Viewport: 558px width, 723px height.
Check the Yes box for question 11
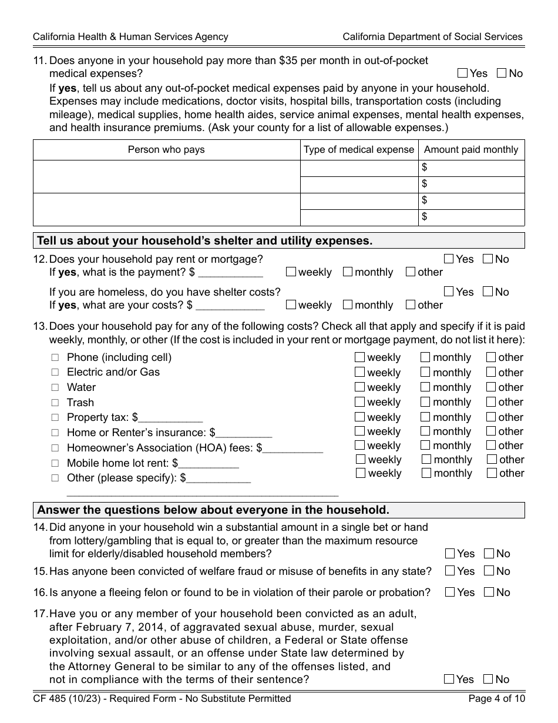(462, 73)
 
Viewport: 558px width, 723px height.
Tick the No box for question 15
(489, 571)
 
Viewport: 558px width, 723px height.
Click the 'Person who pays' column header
(166, 150)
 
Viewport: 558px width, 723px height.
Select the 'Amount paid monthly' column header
(471, 150)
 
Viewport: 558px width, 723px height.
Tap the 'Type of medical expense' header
(359, 150)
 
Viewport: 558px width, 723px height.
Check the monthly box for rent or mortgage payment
(347, 272)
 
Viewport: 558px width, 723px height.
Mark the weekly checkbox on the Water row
(360, 387)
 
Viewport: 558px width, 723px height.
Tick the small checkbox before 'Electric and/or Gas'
(55, 372)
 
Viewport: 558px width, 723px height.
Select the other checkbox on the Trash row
(491, 402)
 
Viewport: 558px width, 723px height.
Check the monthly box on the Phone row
(425, 357)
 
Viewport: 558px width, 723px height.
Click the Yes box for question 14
(450, 554)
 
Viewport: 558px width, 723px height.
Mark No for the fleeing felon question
(489, 593)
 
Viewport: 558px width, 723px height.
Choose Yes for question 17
(449, 680)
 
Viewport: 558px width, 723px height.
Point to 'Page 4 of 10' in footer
(496, 699)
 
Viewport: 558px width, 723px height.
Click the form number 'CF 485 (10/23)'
(66, 699)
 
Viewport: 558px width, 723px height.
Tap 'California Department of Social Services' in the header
(432, 36)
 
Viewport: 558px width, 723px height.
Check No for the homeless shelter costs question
(488, 292)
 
